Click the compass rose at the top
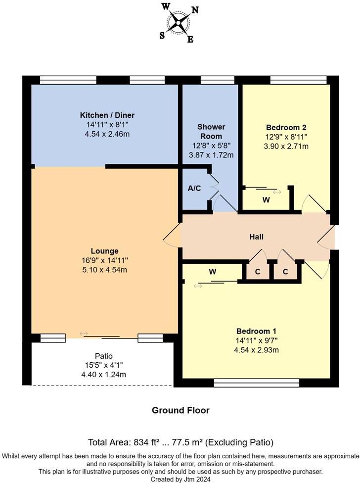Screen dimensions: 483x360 (179, 22)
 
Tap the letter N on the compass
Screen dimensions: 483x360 (195, 9)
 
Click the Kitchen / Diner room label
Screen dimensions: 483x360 (107, 115)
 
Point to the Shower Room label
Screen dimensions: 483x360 (211, 131)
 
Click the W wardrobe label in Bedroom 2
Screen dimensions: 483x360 (266, 200)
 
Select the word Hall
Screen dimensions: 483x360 (256, 237)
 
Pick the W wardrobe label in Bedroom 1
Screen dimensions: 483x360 (213, 271)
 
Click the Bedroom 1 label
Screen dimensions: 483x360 (256, 331)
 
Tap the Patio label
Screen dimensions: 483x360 (104, 356)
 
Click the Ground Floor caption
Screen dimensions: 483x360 (180, 410)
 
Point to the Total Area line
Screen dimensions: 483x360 (180, 442)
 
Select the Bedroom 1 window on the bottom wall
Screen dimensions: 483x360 (256, 383)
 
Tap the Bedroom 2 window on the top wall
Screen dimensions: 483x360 (298, 80)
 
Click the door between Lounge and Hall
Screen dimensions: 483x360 (172, 236)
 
